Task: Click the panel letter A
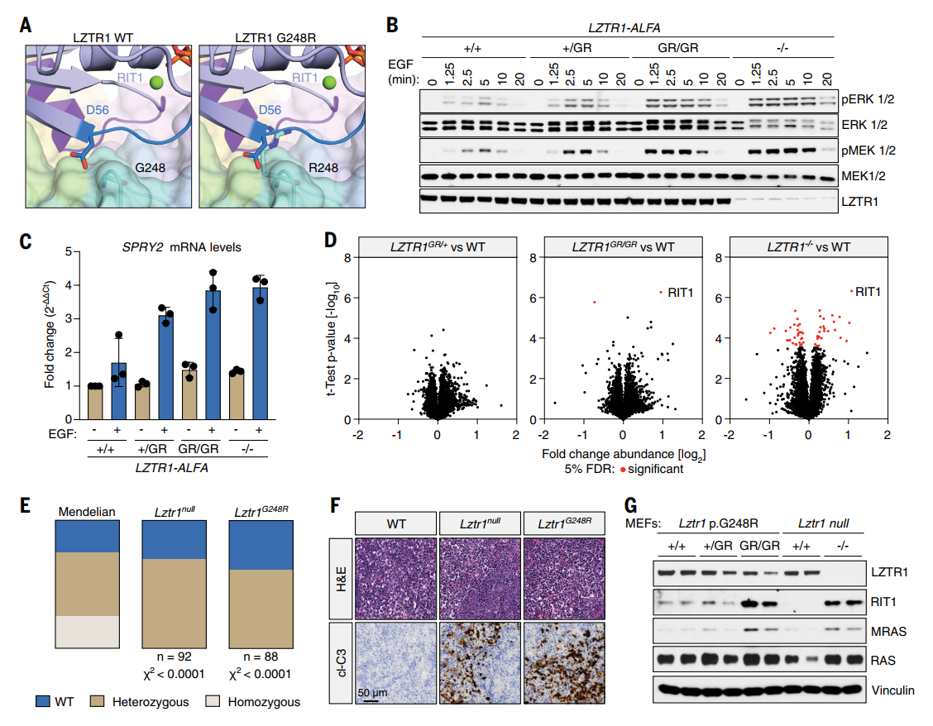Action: coord(27,25)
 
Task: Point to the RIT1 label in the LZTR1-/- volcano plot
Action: coord(868,291)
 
